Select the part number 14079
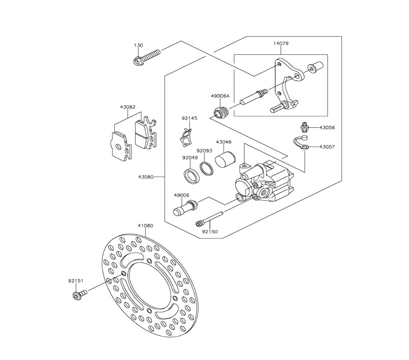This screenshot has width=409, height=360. click(x=281, y=43)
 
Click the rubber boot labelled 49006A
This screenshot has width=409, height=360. click(x=221, y=111)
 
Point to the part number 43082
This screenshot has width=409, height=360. click(x=128, y=107)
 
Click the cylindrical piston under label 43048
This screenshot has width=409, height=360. click(x=226, y=159)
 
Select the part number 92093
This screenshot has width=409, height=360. click(x=204, y=151)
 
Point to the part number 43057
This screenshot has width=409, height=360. click(x=327, y=146)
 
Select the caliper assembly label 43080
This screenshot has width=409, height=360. click(x=146, y=177)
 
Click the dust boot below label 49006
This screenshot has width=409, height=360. click(x=182, y=207)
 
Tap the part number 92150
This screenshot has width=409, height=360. click(x=210, y=232)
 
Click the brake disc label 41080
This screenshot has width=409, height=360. click(x=146, y=225)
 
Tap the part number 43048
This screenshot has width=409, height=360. click(x=224, y=142)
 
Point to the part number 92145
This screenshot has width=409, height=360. click(x=189, y=118)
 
